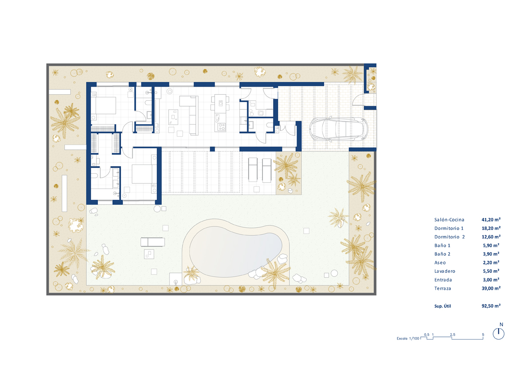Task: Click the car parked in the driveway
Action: (x=338, y=129)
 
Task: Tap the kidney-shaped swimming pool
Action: (x=235, y=250)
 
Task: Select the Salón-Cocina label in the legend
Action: (x=449, y=220)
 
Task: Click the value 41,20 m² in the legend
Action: (x=491, y=220)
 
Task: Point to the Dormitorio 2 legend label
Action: (x=449, y=237)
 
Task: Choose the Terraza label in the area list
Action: (x=442, y=288)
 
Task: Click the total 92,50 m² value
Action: (x=491, y=306)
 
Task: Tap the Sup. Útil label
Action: (x=442, y=306)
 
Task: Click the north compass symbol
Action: (x=498, y=334)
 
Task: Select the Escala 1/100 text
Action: (x=408, y=339)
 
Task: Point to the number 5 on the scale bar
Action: (x=483, y=335)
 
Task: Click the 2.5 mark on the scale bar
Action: (x=452, y=335)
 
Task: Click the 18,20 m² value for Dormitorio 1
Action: (x=491, y=228)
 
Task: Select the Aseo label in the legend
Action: (x=440, y=263)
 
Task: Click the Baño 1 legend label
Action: (x=442, y=246)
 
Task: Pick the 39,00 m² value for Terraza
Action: (x=491, y=288)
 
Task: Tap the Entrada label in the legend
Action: (x=442, y=280)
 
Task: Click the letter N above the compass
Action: (x=501, y=325)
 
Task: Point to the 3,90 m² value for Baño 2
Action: (x=491, y=254)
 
